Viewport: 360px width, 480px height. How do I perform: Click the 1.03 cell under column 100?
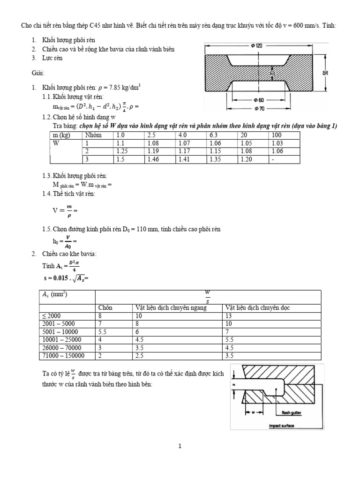coord(277,143)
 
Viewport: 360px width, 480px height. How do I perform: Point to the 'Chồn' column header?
coord(106,307)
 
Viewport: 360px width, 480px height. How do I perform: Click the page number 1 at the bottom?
coord(180,446)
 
